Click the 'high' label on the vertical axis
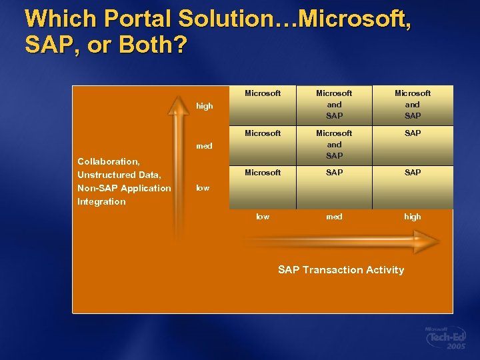pos(205,106)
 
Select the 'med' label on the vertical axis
pos(204,146)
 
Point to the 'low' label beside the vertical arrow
pos(203,188)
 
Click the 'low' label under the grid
pos(263,217)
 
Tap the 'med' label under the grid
pos(334,217)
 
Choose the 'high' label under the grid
pos(413,217)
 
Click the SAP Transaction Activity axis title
pos(341,270)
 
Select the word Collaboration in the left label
pos(108,161)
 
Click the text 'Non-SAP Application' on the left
pos(124,188)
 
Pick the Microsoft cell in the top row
pos(263,93)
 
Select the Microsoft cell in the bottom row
pos(263,173)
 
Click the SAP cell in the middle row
pos(413,133)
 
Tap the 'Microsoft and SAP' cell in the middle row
pos(334,144)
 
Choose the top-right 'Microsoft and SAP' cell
pos(413,105)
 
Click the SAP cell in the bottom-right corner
pos(413,173)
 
